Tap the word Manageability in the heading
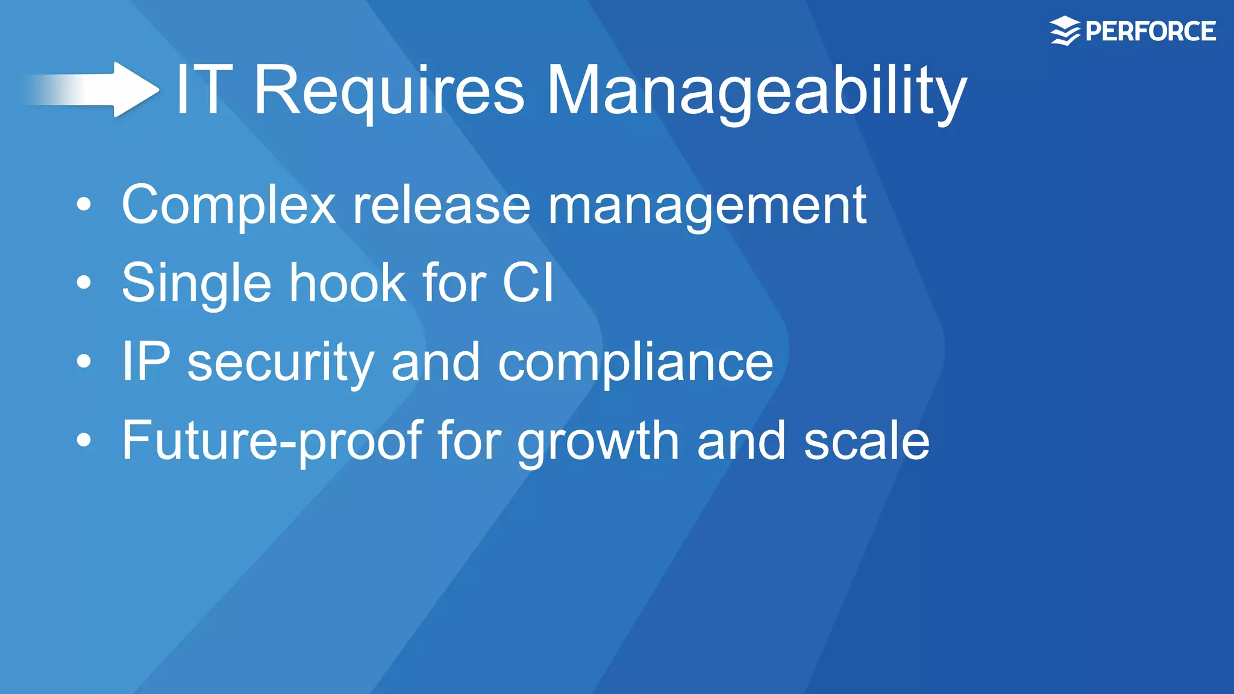click(x=756, y=92)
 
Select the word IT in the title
click(x=204, y=90)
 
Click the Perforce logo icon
click(x=1065, y=31)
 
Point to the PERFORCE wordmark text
click(x=1150, y=31)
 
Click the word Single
click(x=196, y=284)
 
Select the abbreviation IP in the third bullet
click(x=146, y=361)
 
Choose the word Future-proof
click(x=272, y=441)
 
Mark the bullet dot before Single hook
click(x=84, y=283)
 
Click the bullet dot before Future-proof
click(x=84, y=440)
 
